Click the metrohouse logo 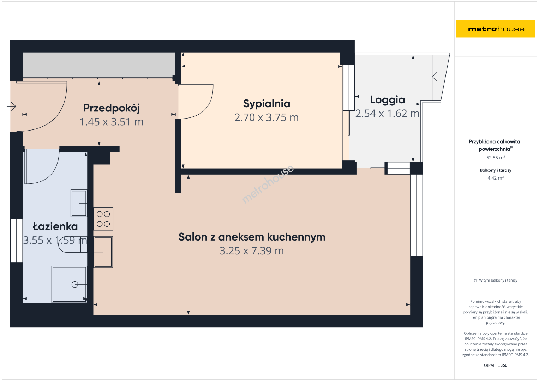pos(496,29)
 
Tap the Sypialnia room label pos(266,104)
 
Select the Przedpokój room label pos(112,108)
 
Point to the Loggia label pos(388,100)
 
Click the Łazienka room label pos(55,226)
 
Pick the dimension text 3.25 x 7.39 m pos(252,250)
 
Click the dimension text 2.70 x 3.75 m pos(266,117)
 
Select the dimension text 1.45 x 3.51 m pos(112,122)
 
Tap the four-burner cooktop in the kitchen pos(103,219)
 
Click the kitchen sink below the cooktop pos(103,252)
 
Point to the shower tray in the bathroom pos(69,284)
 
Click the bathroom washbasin pos(79,203)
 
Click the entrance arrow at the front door pos(11,106)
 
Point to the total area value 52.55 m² pos(496,158)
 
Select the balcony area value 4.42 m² pos(496,178)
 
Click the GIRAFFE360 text pos(496,365)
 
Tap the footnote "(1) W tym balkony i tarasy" pos(496,280)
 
